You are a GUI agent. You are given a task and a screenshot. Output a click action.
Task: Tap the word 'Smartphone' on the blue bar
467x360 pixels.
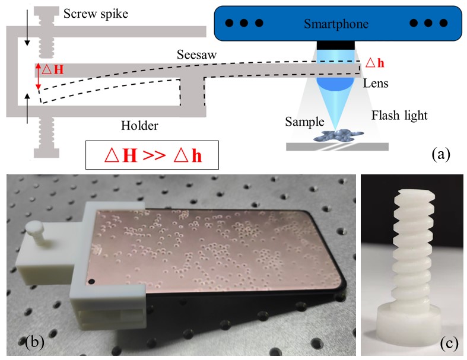click(x=336, y=24)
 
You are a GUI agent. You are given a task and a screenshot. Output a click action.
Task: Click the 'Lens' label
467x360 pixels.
click(x=376, y=84)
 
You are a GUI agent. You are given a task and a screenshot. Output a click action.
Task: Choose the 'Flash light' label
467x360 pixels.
click(x=399, y=114)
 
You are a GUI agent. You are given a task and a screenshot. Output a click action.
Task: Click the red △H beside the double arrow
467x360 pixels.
click(x=52, y=70)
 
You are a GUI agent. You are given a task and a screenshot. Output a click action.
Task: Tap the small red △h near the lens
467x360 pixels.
click(x=373, y=62)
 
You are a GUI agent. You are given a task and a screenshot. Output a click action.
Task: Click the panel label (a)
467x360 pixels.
click(x=441, y=155)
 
